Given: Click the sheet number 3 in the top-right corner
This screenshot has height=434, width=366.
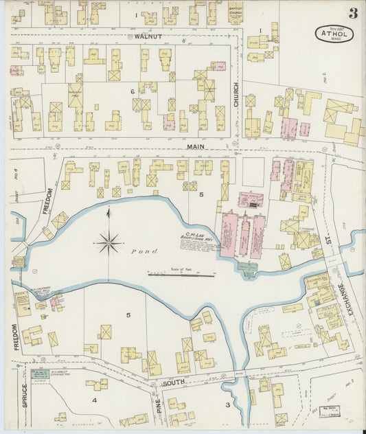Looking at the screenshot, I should point(352,13).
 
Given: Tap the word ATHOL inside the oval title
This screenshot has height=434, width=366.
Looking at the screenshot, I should point(334,32).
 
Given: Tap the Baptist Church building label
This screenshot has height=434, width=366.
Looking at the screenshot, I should point(236,13).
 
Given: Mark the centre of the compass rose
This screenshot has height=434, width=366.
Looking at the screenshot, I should point(108,242).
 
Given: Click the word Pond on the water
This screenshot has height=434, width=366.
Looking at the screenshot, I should point(153,252).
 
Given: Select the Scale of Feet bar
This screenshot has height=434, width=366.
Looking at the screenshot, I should point(181,275).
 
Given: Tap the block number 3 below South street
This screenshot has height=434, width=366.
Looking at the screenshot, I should point(227,405).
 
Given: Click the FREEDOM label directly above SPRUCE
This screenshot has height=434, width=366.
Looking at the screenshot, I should point(14,337).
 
